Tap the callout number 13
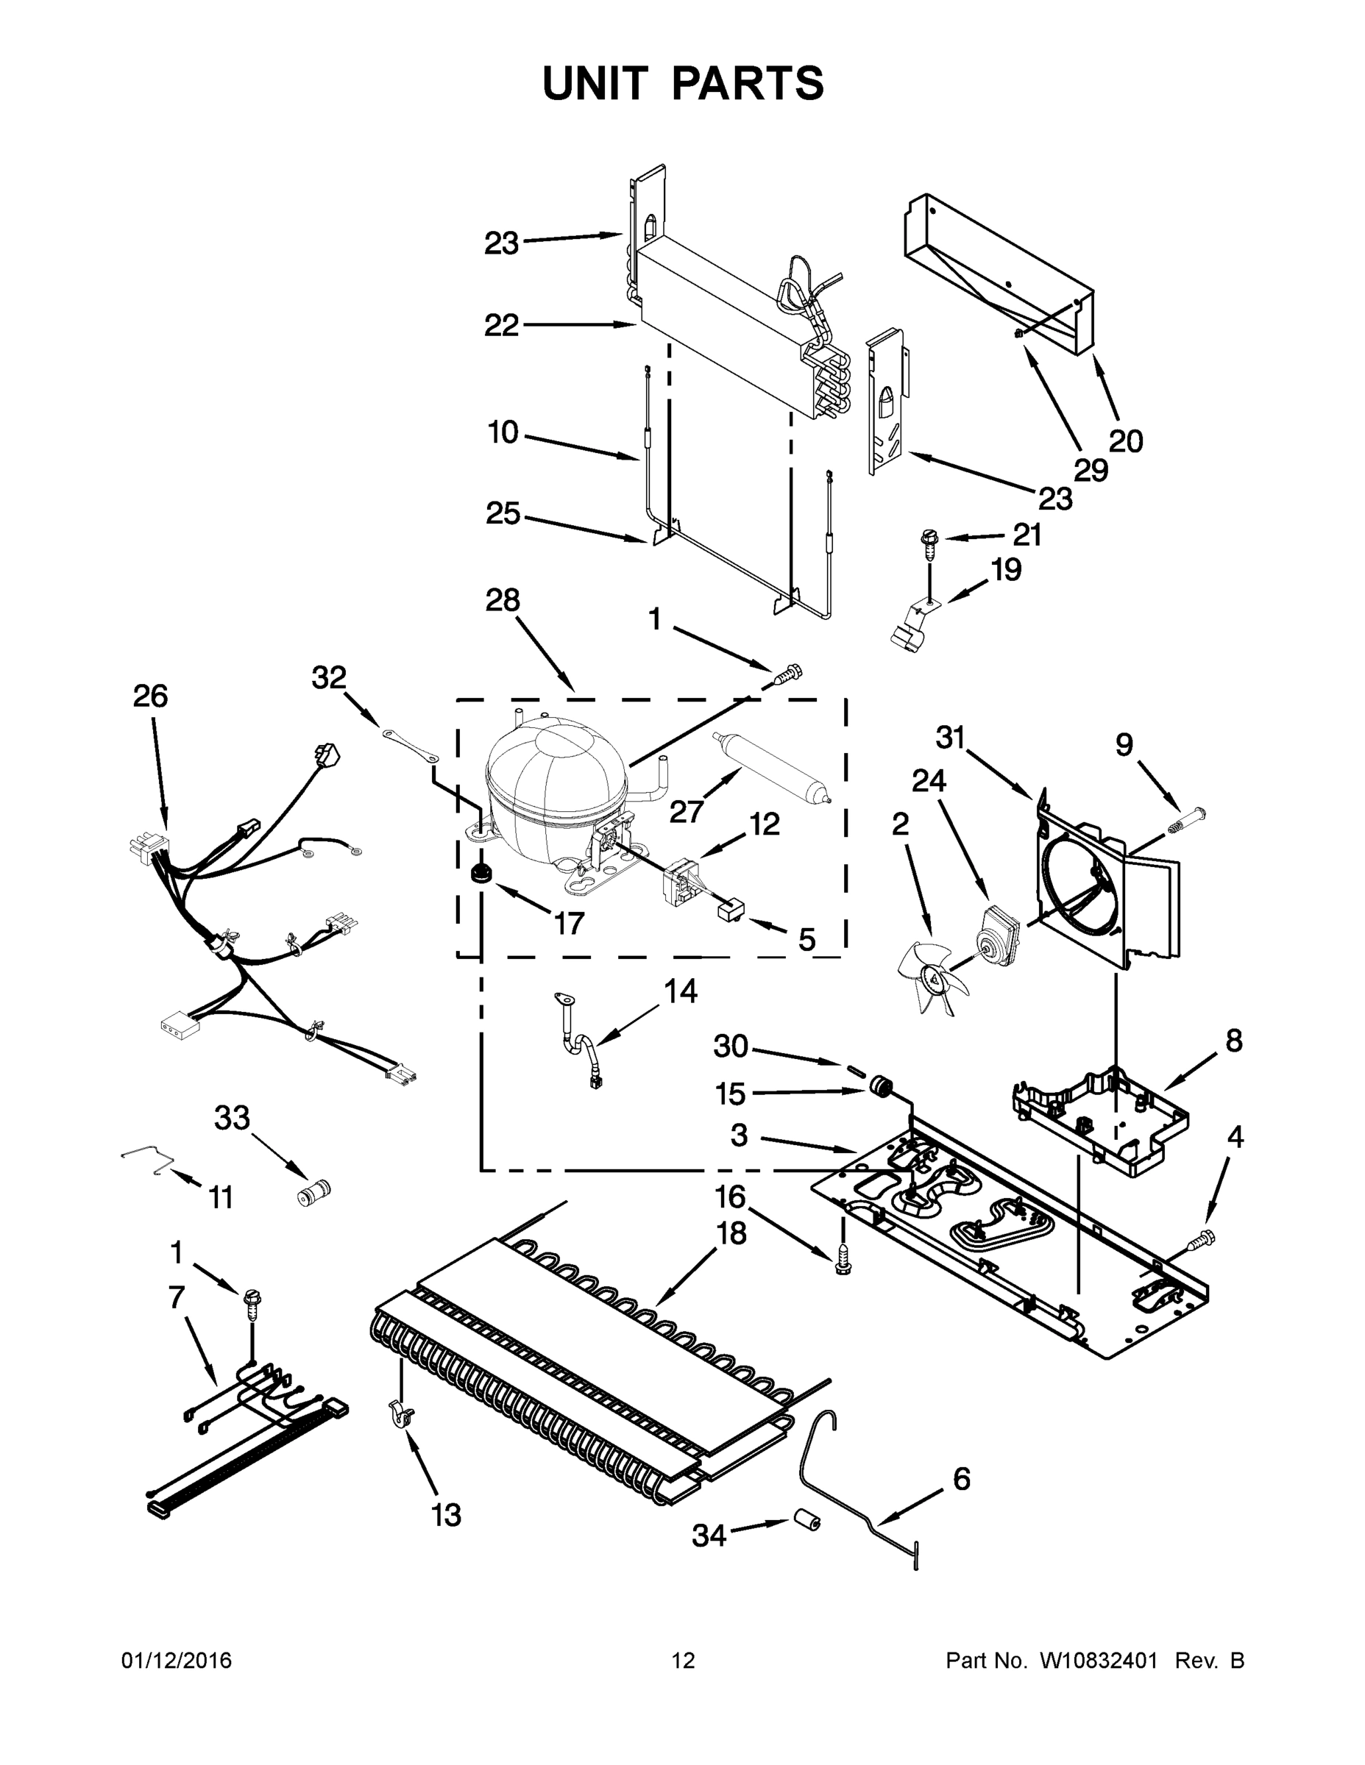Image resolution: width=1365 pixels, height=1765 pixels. pyautogui.click(x=446, y=1514)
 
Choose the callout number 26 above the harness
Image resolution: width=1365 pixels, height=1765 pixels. pyautogui.click(x=150, y=696)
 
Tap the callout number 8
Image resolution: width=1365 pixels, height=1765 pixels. pyautogui.click(x=1233, y=1040)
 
